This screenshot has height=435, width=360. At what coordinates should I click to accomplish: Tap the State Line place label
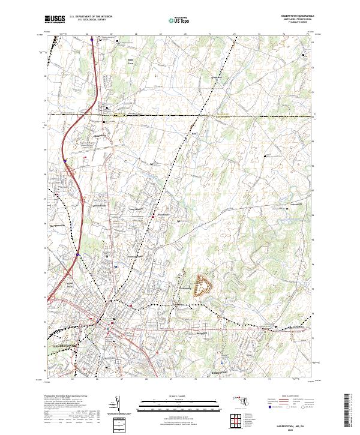130,62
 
